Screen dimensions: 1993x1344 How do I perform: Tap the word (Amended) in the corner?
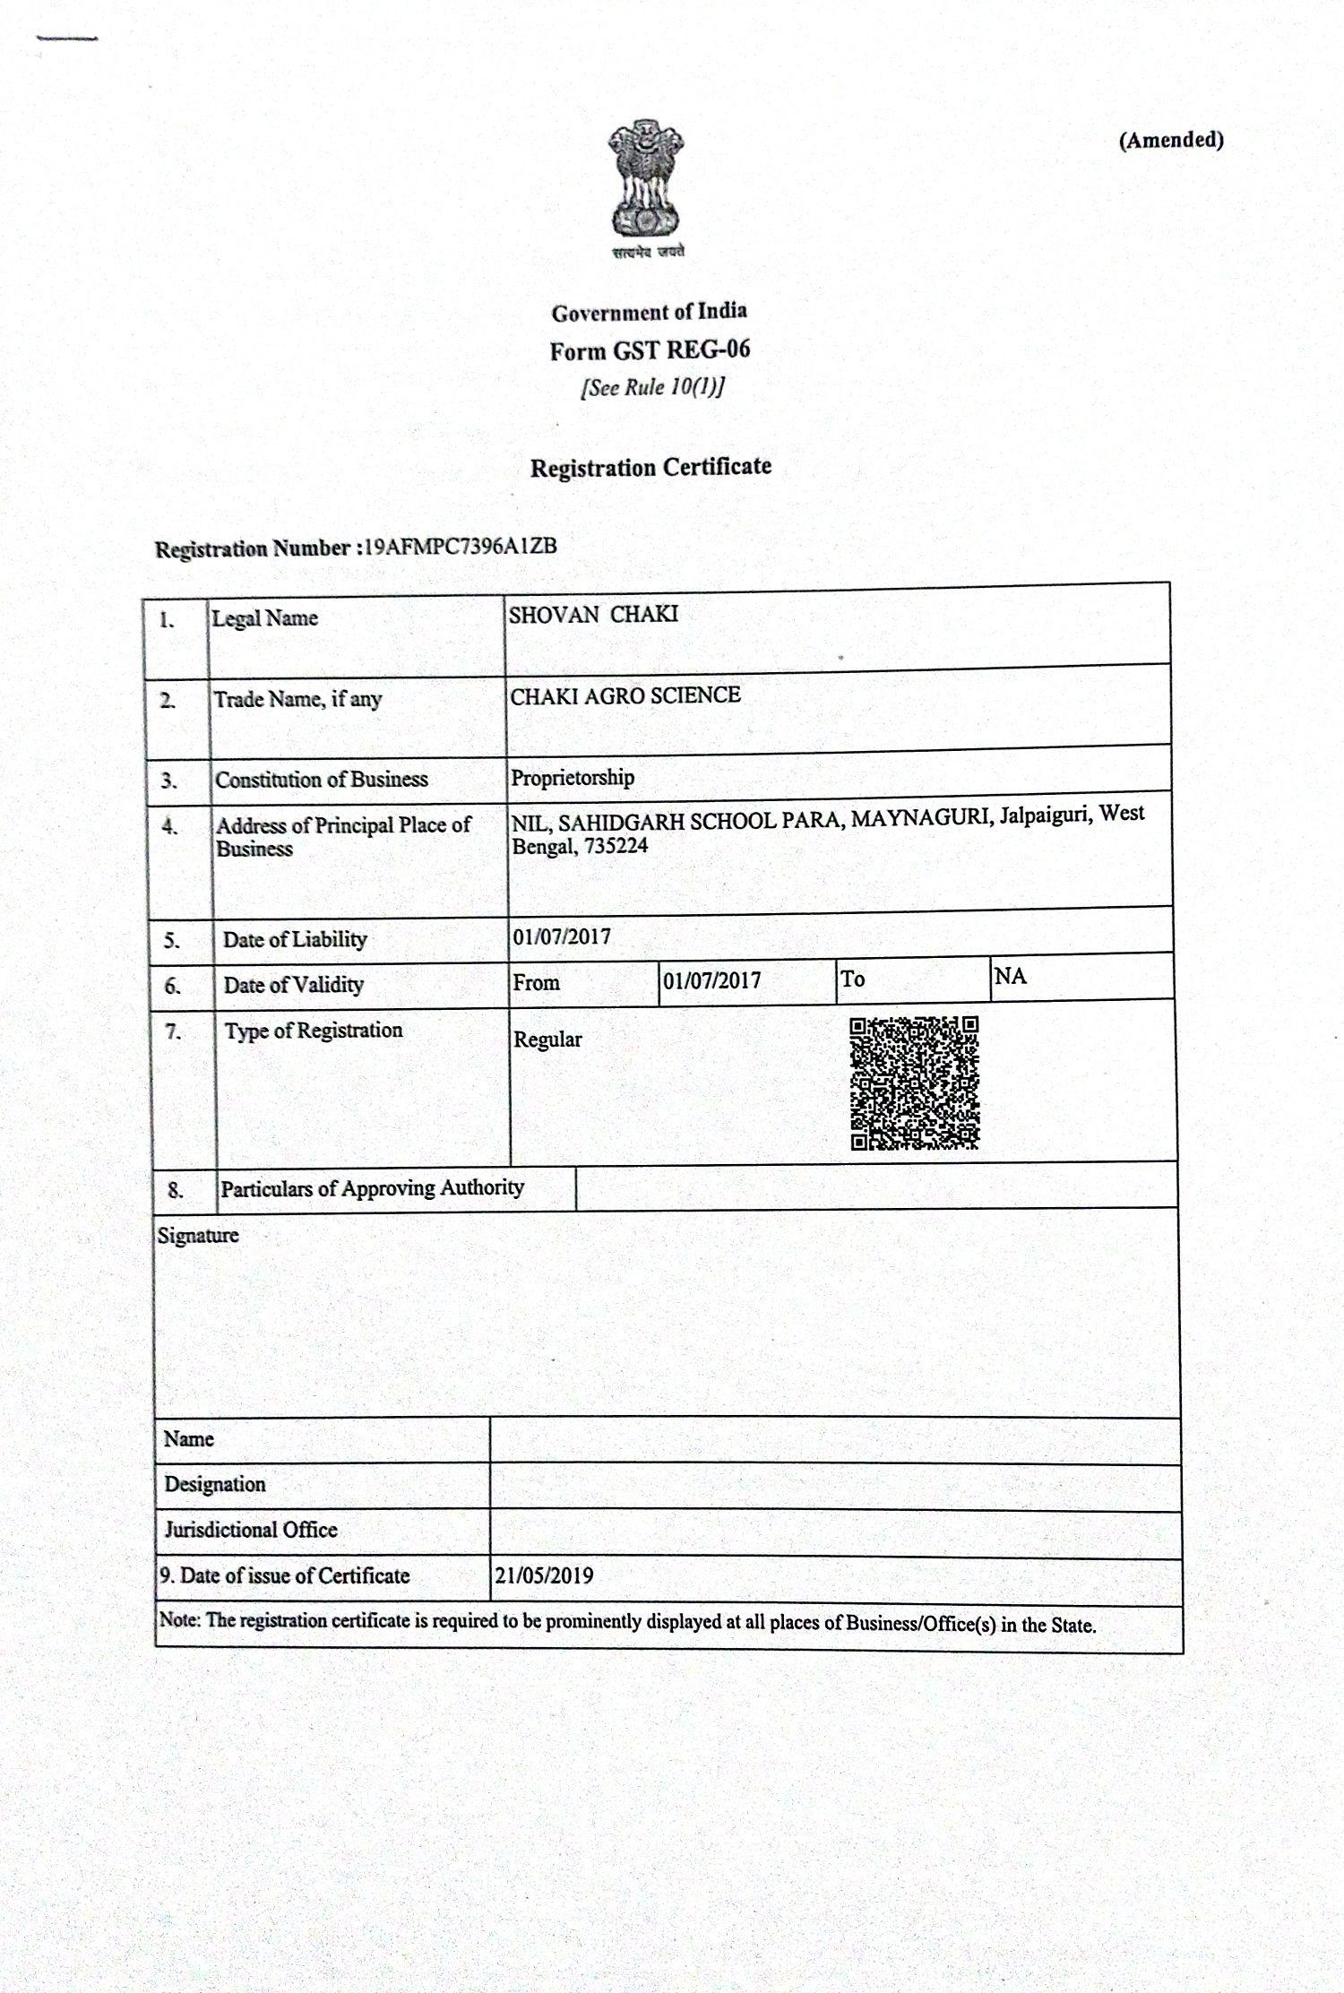click(1170, 140)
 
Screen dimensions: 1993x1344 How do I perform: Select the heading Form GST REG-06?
click(650, 350)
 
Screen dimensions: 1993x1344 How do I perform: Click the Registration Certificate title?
click(650, 467)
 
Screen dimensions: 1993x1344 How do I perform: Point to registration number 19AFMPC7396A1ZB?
click(458, 547)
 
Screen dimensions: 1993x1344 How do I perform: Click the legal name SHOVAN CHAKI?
click(593, 615)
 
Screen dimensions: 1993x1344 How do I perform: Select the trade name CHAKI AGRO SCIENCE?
click(625, 695)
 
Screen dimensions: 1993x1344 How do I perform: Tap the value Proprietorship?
click(573, 777)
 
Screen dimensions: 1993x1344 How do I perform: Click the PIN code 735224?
click(616, 846)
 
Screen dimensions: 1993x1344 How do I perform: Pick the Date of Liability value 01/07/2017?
click(562, 937)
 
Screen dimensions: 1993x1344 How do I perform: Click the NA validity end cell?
click(1010, 976)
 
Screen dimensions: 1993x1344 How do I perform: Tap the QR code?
click(914, 1083)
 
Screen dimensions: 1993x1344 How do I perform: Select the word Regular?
click(547, 1040)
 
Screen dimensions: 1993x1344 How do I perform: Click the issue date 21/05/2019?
click(544, 1575)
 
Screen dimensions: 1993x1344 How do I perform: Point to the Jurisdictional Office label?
click(251, 1530)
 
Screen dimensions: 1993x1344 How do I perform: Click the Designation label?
click(215, 1484)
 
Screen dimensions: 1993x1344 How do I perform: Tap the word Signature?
click(198, 1236)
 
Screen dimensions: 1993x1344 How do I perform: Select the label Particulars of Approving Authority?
click(372, 1188)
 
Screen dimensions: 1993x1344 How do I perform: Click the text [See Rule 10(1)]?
click(652, 387)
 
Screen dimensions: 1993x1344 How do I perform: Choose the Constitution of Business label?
click(322, 779)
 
